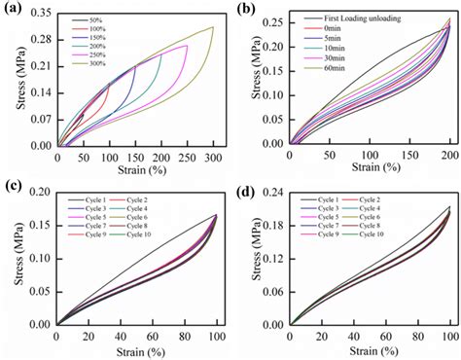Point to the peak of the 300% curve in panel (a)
(x=212, y=27)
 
